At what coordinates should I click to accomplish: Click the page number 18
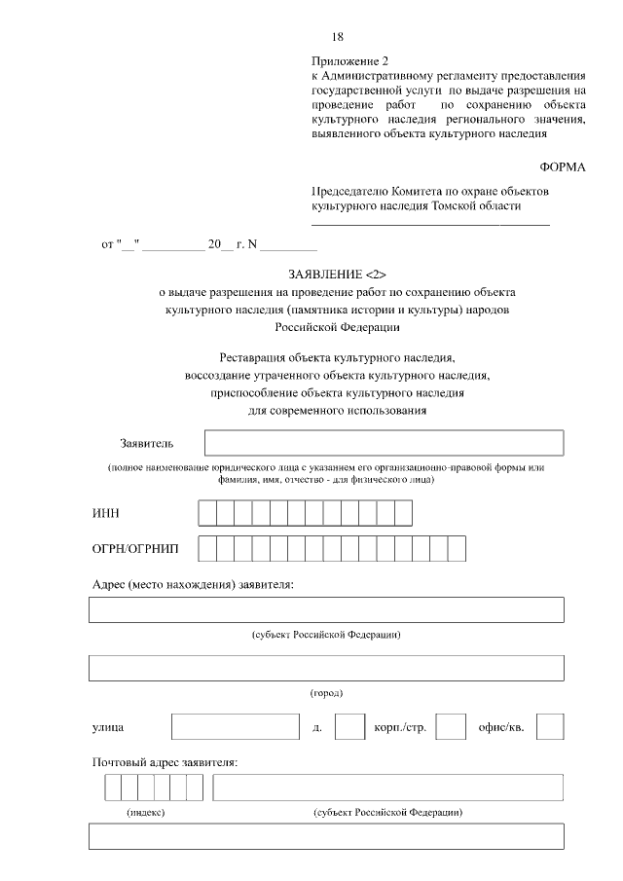(338, 37)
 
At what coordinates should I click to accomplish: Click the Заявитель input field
(384, 443)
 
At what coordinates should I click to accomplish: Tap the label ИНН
(105, 513)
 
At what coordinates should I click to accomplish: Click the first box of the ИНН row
(206, 513)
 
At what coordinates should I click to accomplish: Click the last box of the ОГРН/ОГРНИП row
(457, 550)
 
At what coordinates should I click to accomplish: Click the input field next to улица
(235, 727)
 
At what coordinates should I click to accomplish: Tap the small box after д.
(349, 727)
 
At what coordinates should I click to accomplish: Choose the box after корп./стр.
(450, 727)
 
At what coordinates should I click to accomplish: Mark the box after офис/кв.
(550, 727)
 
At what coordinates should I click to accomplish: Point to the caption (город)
(326, 693)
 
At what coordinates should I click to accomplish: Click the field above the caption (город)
(326, 669)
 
